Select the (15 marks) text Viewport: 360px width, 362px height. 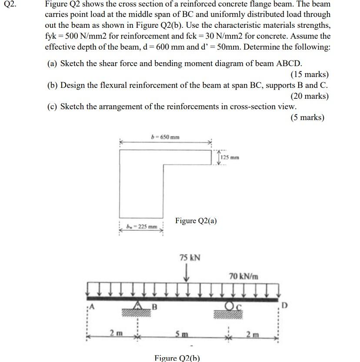coord(310,74)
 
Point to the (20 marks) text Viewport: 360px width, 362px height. coord(310,96)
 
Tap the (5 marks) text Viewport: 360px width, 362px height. coord(307,117)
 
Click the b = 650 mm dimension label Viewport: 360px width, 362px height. coord(165,137)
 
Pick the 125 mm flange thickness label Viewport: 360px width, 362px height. coord(230,157)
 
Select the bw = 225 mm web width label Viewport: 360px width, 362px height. coord(142,227)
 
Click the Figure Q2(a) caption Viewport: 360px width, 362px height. coord(196,221)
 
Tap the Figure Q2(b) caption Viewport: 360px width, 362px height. coord(177,358)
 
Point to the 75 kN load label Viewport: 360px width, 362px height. coord(190,258)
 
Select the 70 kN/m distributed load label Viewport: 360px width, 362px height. coord(243,276)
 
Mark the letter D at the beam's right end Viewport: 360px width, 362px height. coord(284,305)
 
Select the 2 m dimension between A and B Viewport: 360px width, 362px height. coord(115,334)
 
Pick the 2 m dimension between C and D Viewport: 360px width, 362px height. coord(253,334)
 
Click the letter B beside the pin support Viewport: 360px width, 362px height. coord(153,308)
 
